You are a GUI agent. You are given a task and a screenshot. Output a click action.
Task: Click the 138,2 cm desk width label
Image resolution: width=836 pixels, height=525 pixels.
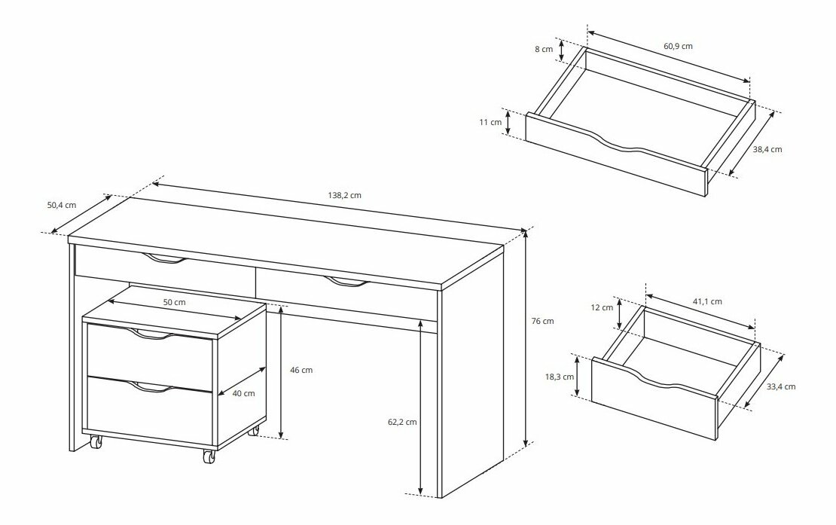click(x=344, y=195)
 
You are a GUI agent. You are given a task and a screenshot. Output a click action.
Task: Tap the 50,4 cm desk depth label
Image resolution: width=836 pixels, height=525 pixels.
click(x=61, y=205)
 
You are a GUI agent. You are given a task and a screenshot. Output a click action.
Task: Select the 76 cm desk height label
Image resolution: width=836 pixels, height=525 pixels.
click(x=543, y=321)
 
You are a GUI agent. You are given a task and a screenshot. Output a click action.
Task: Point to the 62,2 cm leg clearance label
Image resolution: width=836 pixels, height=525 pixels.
click(x=402, y=422)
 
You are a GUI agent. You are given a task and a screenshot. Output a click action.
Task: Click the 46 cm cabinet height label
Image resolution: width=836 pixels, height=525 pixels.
click(x=301, y=370)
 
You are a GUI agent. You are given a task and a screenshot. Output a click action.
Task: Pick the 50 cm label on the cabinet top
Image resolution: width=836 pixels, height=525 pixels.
click(x=174, y=302)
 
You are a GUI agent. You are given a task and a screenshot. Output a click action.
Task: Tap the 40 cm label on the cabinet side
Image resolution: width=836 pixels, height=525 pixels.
click(x=244, y=393)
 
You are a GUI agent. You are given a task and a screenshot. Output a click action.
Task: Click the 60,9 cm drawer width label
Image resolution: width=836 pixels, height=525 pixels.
click(x=678, y=46)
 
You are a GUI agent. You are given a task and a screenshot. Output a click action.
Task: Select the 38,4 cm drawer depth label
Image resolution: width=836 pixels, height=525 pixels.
click(x=767, y=149)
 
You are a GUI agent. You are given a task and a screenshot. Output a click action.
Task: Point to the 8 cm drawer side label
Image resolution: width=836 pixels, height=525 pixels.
click(x=544, y=49)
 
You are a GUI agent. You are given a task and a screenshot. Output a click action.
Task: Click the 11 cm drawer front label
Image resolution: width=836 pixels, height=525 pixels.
click(x=490, y=122)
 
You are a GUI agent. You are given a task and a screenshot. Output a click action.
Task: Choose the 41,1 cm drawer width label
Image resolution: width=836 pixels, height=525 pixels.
click(x=707, y=301)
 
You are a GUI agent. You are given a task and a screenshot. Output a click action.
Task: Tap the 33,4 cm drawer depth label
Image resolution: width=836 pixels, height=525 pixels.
click(x=781, y=386)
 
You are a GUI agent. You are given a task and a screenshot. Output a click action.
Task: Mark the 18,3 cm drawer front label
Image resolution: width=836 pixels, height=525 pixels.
click(x=560, y=377)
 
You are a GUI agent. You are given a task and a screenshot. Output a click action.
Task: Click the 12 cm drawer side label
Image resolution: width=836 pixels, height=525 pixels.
click(x=602, y=307)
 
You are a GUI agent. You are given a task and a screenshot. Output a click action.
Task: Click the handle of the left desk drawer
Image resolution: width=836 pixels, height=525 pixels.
click(x=165, y=260)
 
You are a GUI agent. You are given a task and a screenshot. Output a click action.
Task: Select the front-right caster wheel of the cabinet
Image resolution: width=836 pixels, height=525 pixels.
click(x=209, y=456)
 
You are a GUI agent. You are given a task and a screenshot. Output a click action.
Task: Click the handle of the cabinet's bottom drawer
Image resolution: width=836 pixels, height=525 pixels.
click(x=151, y=387)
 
